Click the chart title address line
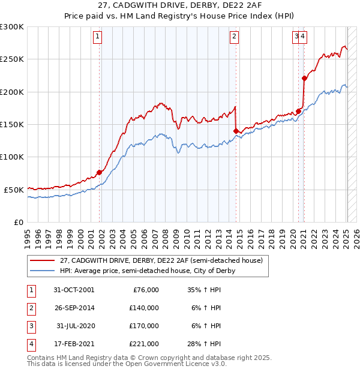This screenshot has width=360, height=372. point(179,7)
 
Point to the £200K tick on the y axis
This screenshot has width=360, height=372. point(12,92)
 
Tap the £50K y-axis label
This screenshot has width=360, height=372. point(14,190)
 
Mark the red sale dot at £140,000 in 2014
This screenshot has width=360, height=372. point(236,131)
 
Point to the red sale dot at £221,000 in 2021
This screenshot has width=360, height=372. point(304,78)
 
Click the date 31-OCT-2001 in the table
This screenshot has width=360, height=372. point(73,290)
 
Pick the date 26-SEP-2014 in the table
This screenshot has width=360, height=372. point(73,308)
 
